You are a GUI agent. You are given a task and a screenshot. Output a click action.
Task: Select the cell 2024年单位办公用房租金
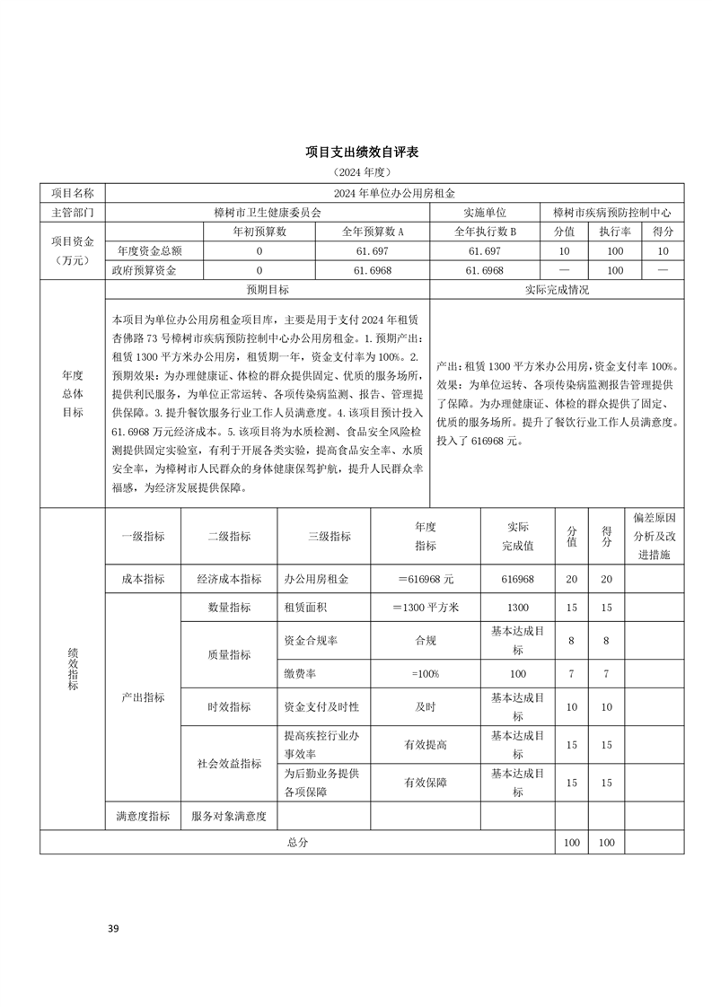pyautogui.click(x=395, y=193)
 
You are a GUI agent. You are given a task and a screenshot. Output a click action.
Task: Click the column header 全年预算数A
pyautogui.click(x=374, y=232)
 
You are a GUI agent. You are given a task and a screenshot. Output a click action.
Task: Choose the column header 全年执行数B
pyautogui.click(x=485, y=232)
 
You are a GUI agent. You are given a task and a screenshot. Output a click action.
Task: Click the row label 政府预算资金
pyautogui.click(x=144, y=270)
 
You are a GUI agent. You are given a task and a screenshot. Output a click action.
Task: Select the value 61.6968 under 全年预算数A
pyautogui.click(x=374, y=270)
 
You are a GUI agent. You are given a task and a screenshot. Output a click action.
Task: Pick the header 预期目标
pyautogui.click(x=268, y=290)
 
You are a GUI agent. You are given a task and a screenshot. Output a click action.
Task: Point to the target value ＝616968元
pyautogui.click(x=425, y=579)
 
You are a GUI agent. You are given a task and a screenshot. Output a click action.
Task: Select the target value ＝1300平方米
pyautogui.click(x=425, y=608)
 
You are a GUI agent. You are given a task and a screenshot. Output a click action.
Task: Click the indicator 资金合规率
pyautogui.click(x=311, y=641)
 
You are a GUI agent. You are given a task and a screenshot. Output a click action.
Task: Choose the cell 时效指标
pyautogui.click(x=229, y=706)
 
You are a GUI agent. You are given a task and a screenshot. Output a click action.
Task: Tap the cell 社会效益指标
pyautogui.click(x=229, y=764)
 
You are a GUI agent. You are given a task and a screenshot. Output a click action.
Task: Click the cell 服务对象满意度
pyautogui.click(x=229, y=817)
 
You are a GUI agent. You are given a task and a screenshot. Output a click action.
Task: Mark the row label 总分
pyautogui.click(x=297, y=843)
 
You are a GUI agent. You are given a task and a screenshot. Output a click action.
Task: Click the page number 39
pyautogui.click(x=113, y=928)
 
